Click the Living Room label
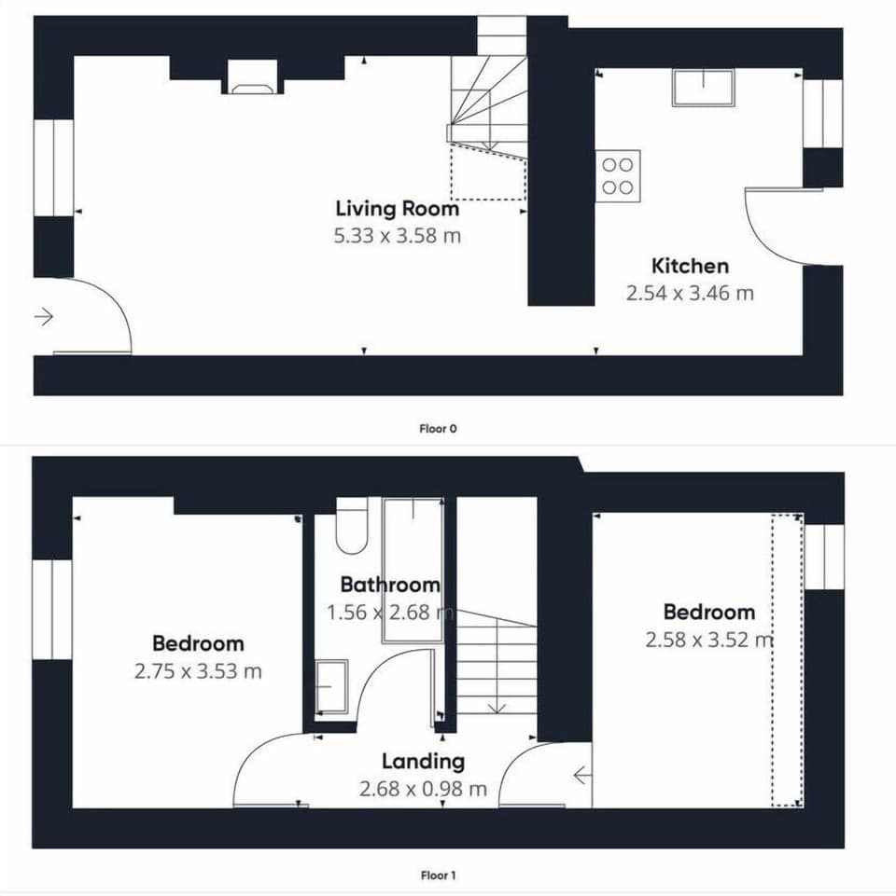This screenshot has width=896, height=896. [x=397, y=209]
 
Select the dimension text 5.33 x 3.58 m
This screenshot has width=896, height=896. [x=397, y=236]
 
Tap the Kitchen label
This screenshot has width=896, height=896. [x=690, y=267]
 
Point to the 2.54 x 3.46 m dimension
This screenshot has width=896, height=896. [x=690, y=293]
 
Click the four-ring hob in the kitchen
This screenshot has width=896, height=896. [x=618, y=176]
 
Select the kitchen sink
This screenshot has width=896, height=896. [x=703, y=88]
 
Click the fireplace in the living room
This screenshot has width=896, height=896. [x=252, y=76]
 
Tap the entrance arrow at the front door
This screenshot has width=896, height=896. [x=44, y=316]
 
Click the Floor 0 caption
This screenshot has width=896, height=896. [x=439, y=429]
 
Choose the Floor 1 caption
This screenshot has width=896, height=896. [x=439, y=875]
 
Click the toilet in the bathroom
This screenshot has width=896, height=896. [x=351, y=526]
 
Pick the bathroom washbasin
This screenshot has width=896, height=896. [x=331, y=686]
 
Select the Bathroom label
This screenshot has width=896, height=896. [x=390, y=585]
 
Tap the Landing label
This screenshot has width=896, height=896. [x=424, y=762]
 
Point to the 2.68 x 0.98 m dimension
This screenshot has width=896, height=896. [x=424, y=789]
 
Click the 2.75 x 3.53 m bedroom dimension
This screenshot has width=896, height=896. [x=198, y=671]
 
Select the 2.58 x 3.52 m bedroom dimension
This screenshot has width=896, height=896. [x=709, y=640]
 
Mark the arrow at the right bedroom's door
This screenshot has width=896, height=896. [x=581, y=776]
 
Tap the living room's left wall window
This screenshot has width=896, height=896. [x=53, y=168]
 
